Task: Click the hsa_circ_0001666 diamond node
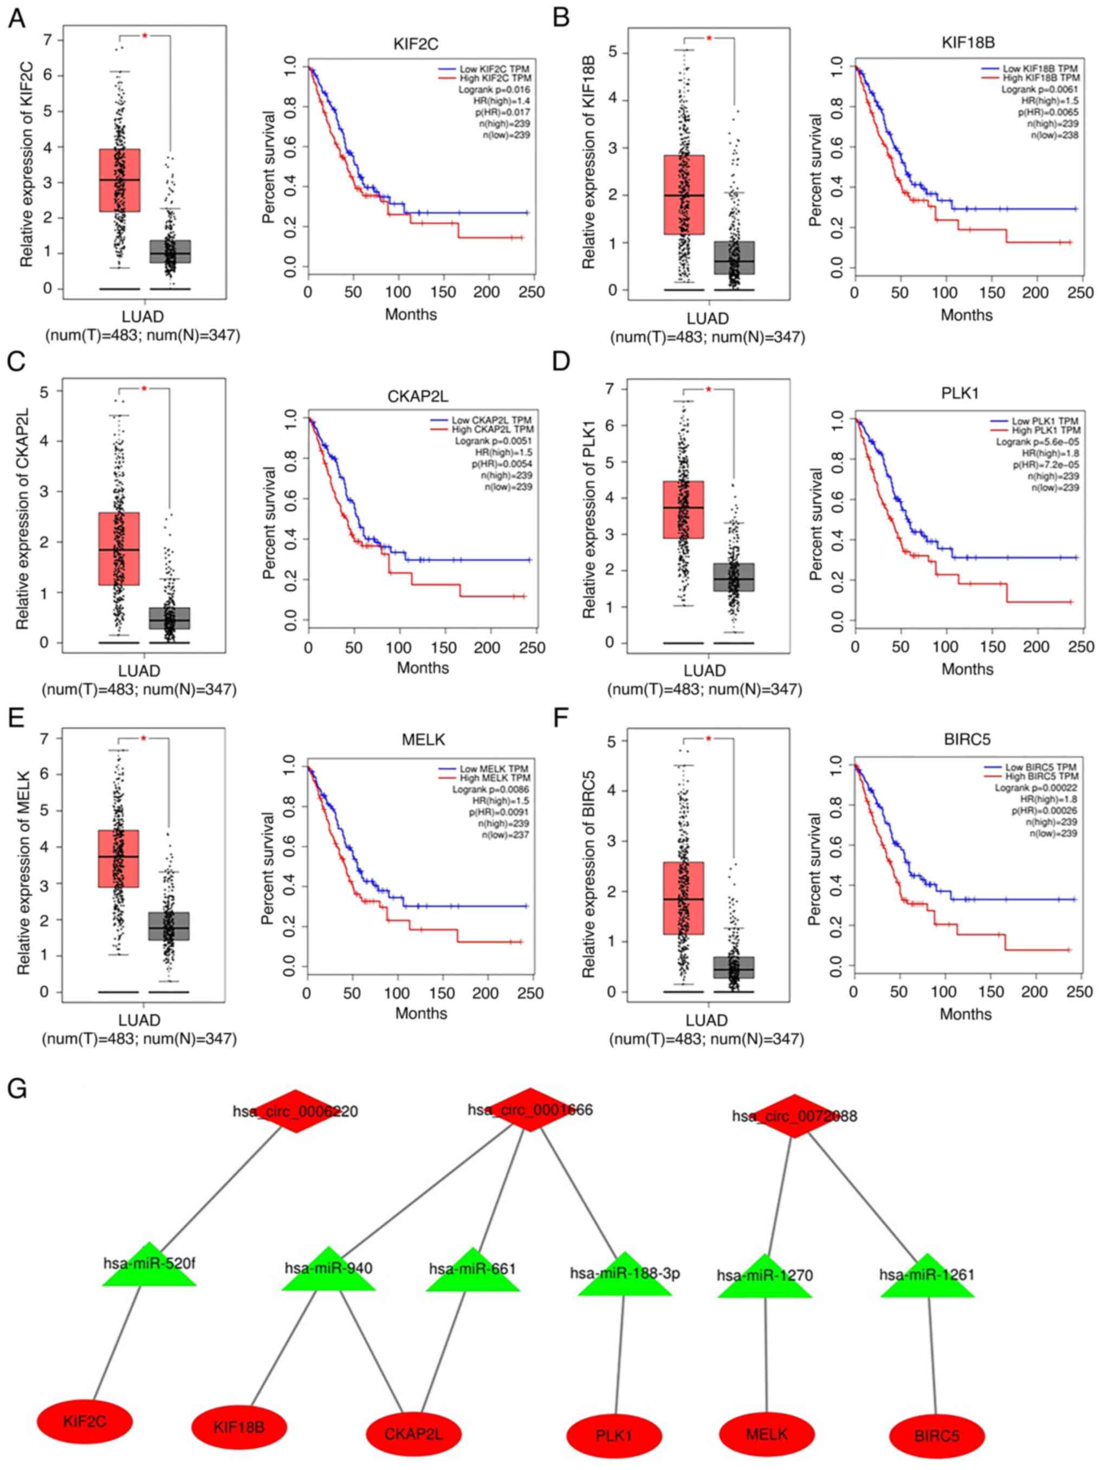tap(529, 1110)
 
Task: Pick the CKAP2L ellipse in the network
tap(413, 1434)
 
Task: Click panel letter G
tap(17, 1089)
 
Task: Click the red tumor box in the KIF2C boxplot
tap(120, 180)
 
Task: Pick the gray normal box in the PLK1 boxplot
tap(734, 577)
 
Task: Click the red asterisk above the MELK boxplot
tap(144, 739)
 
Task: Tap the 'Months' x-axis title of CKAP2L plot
tap(423, 667)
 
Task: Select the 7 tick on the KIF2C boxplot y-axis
tap(47, 40)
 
